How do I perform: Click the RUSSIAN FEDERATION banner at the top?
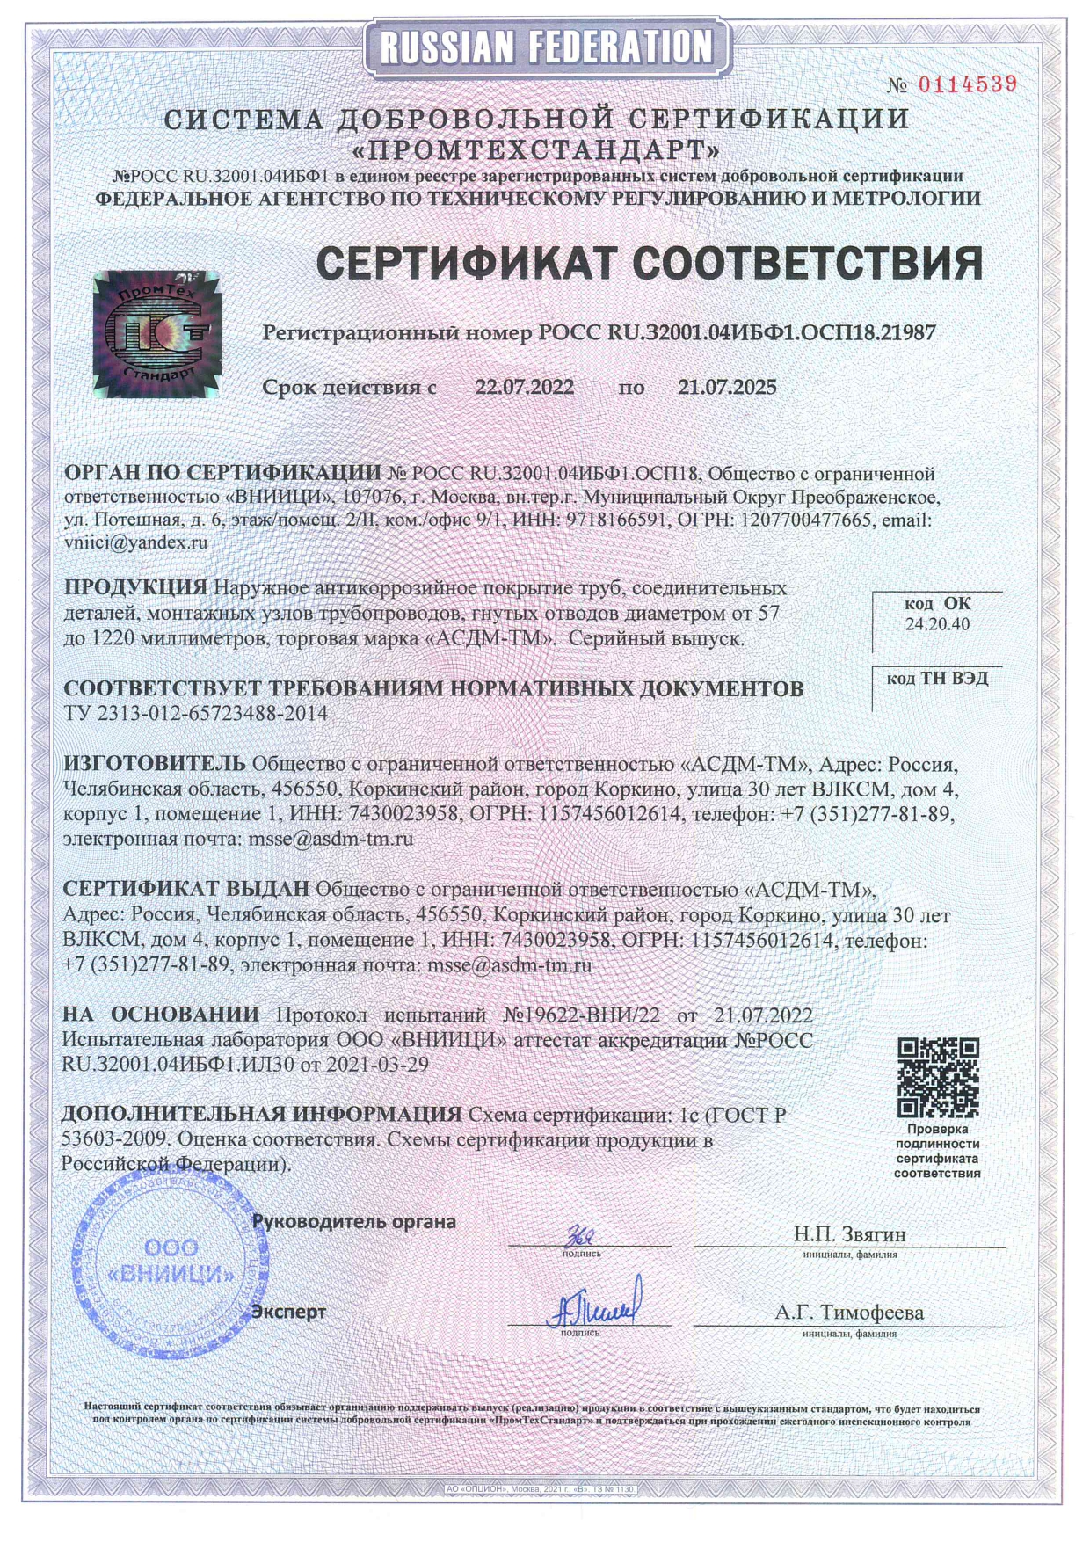tap(545, 47)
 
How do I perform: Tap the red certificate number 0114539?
tap(967, 84)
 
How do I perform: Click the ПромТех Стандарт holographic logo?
tap(157, 334)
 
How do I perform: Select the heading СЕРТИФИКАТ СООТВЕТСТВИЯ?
tap(649, 263)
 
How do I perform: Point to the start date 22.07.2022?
tap(525, 387)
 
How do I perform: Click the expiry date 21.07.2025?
tap(727, 387)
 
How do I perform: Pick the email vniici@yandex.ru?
tap(136, 542)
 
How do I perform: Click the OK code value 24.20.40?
tap(937, 624)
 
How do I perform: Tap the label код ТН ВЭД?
tap(937, 679)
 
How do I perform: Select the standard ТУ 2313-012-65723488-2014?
tap(195, 713)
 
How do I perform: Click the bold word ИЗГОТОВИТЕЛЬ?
tap(154, 761)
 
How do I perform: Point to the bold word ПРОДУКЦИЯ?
tap(136, 587)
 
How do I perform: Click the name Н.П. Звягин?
tap(849, 1234)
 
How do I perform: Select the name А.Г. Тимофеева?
tap(849, 1313)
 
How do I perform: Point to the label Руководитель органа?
tap(354, 1221)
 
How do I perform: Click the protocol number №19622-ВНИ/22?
tap(580, 1015)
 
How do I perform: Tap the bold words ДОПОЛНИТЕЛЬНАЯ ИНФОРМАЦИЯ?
tap(261, 1115)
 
